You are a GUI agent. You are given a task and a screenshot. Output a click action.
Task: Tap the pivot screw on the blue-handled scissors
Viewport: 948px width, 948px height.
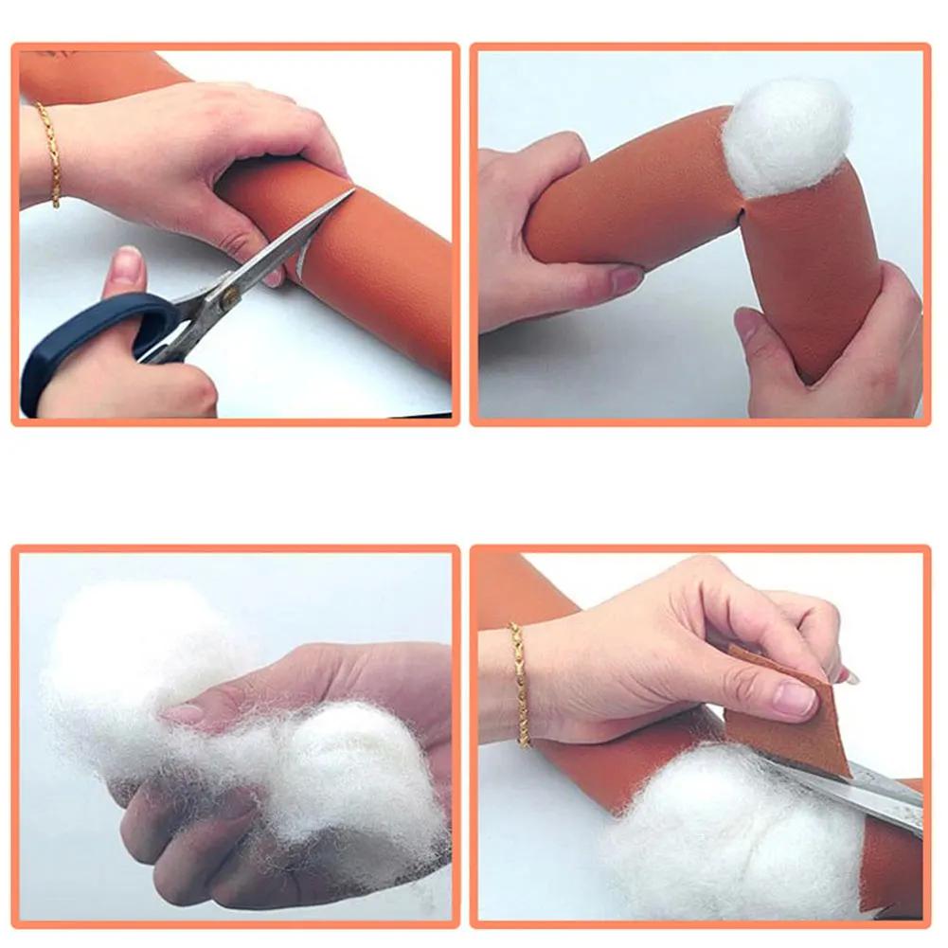[227, 295]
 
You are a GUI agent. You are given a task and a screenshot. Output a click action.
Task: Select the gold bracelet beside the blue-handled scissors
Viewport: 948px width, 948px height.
[49, 153]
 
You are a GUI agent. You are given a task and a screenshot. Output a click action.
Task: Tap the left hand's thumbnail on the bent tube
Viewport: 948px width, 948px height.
[626, 279]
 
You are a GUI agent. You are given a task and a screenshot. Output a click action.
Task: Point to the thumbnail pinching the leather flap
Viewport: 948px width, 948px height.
[794, 699]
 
